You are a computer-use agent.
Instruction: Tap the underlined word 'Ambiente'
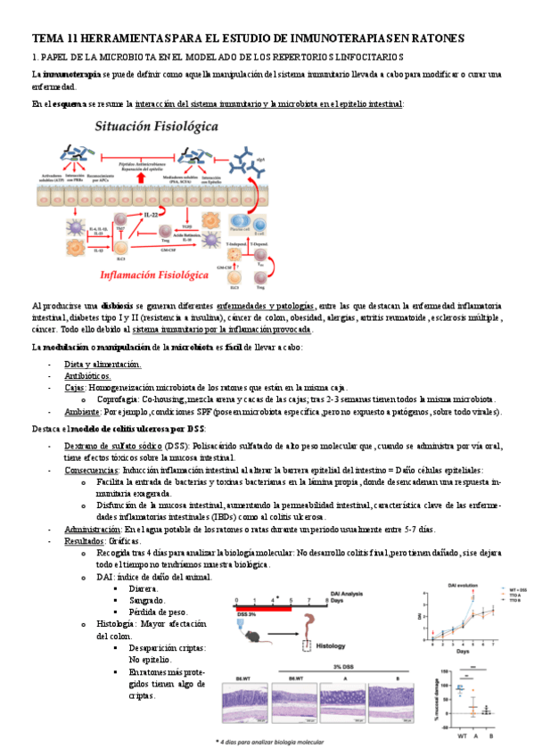[x=81, y=412]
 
